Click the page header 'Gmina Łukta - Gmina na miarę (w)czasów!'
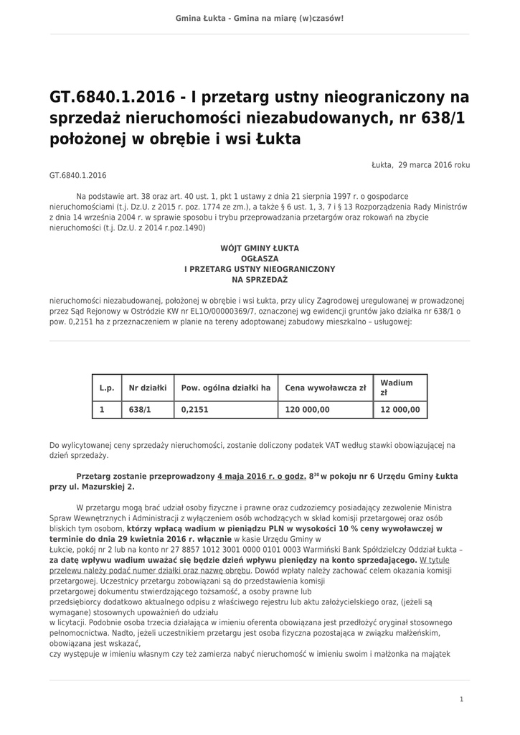point(260,17)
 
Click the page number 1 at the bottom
point(461,698)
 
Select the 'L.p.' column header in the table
point(107,388)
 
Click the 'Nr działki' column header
point(147,388)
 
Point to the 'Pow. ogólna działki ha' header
point(225,388)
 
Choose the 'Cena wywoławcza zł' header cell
point(325,388)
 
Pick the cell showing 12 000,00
point(400,410)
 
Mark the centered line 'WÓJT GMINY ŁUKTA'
point(260,248)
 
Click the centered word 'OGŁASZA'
point(260,258)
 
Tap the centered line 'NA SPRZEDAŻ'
point(260,279)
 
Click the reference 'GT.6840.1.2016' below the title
point(77,174)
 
